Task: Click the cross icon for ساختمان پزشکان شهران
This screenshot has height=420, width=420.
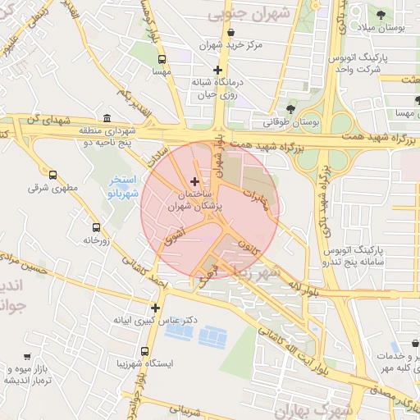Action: coord(194,180)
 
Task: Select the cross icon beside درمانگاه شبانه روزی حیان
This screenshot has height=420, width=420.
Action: coord(217,71)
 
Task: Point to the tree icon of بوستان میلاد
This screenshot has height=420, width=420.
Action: coord(380,15)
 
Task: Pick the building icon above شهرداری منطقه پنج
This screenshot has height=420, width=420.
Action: coord(107,118)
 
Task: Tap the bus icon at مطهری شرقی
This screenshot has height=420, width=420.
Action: coord(53,175)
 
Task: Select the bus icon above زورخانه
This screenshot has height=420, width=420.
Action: coord(96,227)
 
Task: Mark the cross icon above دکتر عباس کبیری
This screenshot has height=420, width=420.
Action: coord(155,308)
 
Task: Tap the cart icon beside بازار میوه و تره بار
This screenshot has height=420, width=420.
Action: coord(27,357)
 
